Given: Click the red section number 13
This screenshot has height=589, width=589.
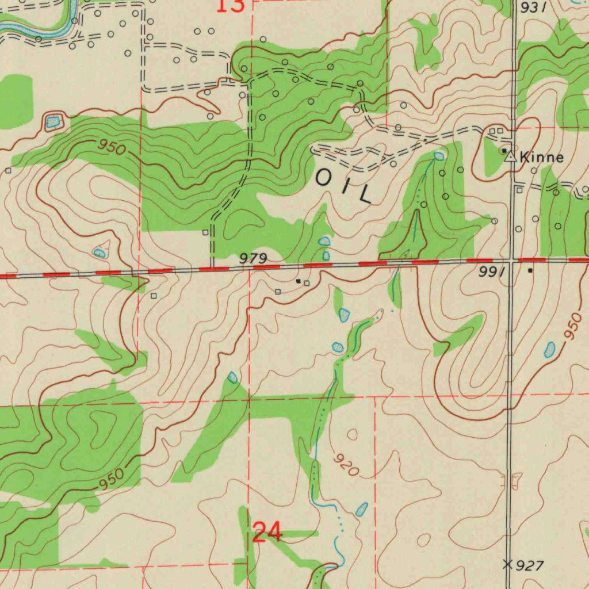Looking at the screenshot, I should [x=231, y=6].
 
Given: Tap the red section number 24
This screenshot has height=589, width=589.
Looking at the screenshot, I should [x=267, y=533].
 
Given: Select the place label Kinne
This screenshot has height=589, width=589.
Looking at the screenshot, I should [x=541, y=157].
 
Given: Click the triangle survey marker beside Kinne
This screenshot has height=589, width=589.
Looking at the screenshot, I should [x=510, y=156].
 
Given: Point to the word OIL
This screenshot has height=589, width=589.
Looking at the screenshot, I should [x=344, y=187].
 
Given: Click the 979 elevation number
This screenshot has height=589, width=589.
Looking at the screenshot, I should [x=253, y=260].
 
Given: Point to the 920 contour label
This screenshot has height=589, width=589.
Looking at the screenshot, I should [x=346, y=465].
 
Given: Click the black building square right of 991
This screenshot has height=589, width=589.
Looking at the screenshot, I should [x=530, y=270].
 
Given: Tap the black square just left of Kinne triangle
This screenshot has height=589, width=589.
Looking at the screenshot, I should [x=504, y=151].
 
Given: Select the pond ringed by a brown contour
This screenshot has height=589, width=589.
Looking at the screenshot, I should [x=53, y=121].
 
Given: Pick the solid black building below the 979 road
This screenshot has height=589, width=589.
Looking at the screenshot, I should [x=298, y=281].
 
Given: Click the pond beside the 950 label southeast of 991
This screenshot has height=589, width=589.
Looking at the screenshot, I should [x=550, y=349].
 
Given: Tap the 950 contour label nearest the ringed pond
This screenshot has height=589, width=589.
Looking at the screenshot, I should [x=110, y=147].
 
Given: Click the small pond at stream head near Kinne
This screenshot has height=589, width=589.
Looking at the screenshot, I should [x=439, y=156].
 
